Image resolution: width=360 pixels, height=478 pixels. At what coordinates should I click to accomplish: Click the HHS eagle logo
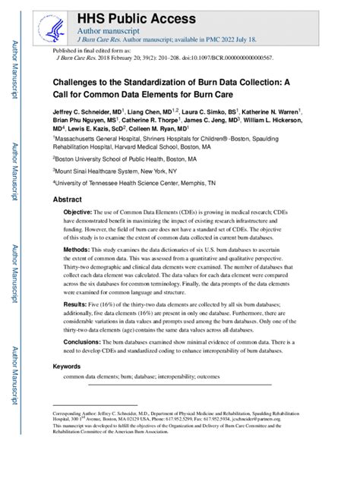pos(54,27)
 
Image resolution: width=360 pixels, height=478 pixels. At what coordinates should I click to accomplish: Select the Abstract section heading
pos(67,199)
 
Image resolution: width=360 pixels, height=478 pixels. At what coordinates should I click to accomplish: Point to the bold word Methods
pos(77,249)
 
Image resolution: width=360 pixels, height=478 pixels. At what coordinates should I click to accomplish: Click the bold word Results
pos(75,303)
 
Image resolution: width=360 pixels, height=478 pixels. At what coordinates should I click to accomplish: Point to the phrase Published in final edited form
pos(90,49)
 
